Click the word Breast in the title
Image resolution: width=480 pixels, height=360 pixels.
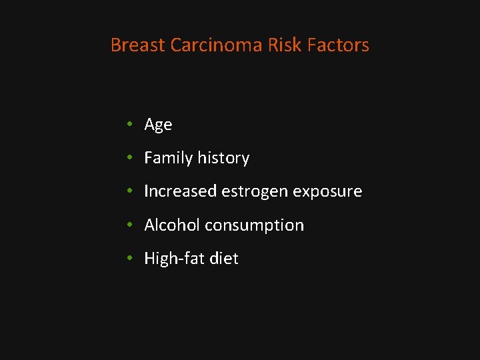click(x=138, y=45)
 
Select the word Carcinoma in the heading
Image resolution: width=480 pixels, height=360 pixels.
click(x=216, y=45)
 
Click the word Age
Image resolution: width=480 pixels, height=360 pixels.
click(x=158, y=125)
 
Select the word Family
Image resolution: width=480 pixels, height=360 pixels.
click(x=169, y=159)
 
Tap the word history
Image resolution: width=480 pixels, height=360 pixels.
click(x=223, y=159)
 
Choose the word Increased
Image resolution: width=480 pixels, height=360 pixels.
click(x=181, y=191)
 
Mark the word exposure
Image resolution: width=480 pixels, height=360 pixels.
click(x=329, y=192)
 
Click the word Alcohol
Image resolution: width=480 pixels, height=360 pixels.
click(x=172, y=225)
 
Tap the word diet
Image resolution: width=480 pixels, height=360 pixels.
click(x=223, y=259)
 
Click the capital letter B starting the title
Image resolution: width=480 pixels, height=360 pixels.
click(x=115, y=45)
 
